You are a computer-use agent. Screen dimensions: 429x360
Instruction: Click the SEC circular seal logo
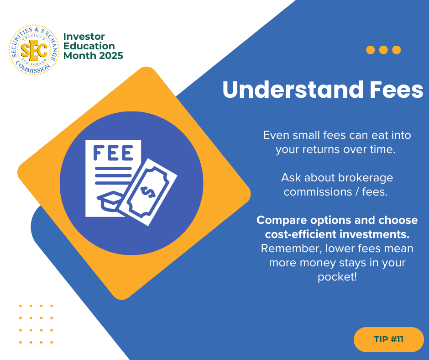34,50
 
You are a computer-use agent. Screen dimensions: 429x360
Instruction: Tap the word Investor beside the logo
84,37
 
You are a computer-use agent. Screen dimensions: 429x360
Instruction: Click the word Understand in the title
293,90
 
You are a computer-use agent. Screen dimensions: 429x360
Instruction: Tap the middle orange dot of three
383,50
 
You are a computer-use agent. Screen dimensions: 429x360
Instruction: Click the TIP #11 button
389,339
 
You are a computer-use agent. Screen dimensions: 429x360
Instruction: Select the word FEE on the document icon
113,153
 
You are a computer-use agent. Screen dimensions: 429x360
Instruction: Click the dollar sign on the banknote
148,192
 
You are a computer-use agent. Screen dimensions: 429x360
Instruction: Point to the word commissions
318,192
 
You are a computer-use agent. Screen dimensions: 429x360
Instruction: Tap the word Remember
288,249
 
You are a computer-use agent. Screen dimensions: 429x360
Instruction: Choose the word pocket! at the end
337,277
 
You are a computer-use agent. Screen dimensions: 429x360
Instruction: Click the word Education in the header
89,46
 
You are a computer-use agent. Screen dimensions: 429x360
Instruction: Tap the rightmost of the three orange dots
397,50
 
